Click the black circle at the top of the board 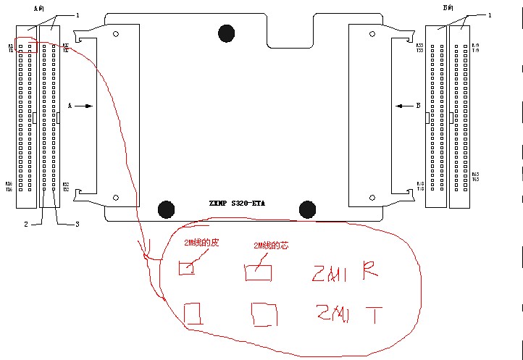point(227,33)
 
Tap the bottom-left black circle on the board point(167,209)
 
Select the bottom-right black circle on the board point(308,209)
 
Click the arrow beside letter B point(404,106)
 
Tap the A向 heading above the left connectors point(39,7)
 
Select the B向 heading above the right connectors point(448,7)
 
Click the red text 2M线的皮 point(203,244)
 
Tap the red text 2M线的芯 point(271,246)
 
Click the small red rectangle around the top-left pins point(27,45)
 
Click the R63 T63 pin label point(475,176)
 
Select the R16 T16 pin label point(9,185)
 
